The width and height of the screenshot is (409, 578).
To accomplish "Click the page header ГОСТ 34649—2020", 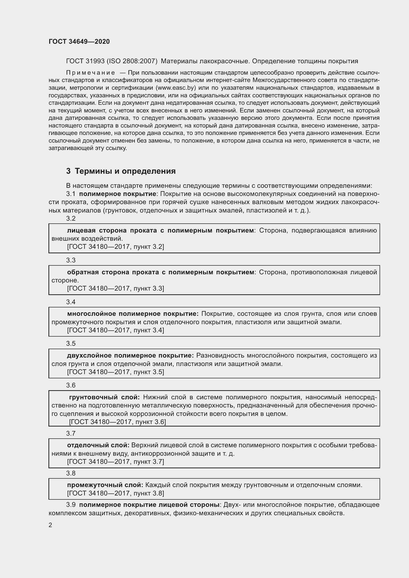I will [x=79, y=42].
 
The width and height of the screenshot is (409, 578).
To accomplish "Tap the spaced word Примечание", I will [x=91, y=73].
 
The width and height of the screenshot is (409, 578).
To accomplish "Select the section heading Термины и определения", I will [x=125, y=171].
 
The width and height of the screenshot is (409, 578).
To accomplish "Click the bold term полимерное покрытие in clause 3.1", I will [x=117, y=194].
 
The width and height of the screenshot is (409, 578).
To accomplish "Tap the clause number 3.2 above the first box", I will [x=71, y=218].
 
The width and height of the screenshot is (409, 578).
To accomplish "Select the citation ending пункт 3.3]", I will [x=115, y=288].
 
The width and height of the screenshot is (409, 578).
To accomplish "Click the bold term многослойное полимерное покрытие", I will [x=133, y=314].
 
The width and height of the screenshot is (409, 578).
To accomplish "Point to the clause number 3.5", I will [x=71, y=344].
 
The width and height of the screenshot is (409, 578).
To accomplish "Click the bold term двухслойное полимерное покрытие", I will [x=130, y=356].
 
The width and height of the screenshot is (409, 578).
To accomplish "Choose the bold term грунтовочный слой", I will [x=104, y=397].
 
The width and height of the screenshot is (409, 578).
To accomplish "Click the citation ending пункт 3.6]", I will [x=117, y=422].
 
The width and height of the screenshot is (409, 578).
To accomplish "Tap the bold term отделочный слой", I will [x=98, y=445].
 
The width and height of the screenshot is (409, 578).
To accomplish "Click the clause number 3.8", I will [x=71, y=473].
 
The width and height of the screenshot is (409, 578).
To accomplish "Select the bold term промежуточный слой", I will [x=105, y=485].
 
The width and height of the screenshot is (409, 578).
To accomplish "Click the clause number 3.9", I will [x=71, y=505].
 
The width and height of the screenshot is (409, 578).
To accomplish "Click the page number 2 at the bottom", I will [x=50, y=525].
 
